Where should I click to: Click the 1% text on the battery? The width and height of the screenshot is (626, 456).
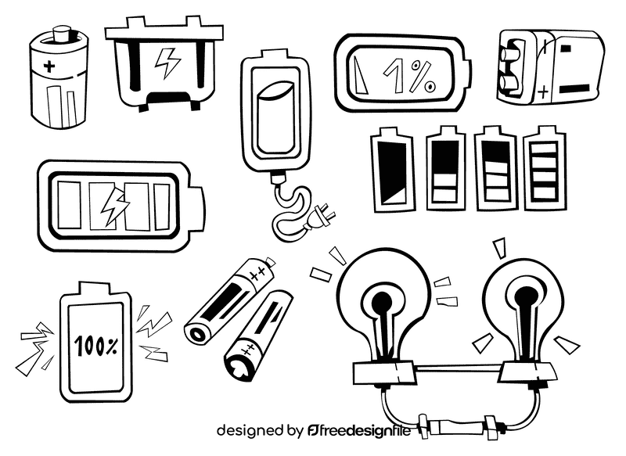coord(408,77)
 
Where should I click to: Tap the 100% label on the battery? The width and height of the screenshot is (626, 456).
coord(97,343)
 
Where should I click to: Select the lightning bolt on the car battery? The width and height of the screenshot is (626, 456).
coord(167,62)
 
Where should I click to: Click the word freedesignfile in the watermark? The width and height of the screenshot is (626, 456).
coord(367,430)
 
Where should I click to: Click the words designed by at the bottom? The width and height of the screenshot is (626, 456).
coord(259,430)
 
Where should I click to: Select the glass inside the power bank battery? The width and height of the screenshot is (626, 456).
coord(275,117)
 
